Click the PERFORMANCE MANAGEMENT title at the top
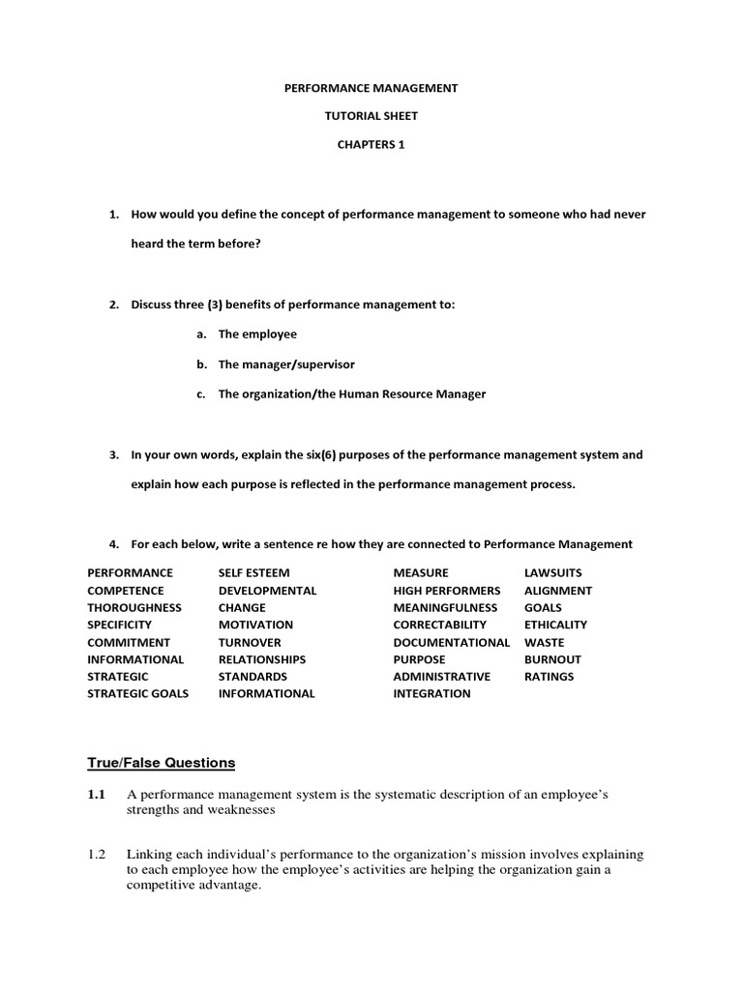pyautogui.click(x=371, y=88)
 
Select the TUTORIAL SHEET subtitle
pyautogui.click(x=371, y=116)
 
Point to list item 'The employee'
pyautogui.click(x=257, y=334)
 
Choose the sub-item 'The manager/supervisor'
pyautogui.click(x=286, y=364)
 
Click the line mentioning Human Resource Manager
pyautogui.click(x=352, y=393)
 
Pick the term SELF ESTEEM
pyautogui.click(x=253, y=573)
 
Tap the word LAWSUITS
pyautogui.click(x=553, y=573)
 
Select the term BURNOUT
pyautogui.click(x=552, y=659)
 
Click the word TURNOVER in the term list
pyautogui.click(x=250, y=642)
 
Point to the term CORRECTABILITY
pyautogui.click(x=442, y=625)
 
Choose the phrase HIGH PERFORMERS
pyautogui.click(x=447, y=591)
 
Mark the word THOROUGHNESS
pyautogui.click(x=134, y=608)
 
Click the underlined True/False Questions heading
pyautogui.click(x=162, y=763)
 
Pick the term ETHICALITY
pyautogui.click(x=555, y=625)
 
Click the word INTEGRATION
pyautogui.click(x=431, y=693)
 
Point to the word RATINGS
pyautogui.click(x=549, y=677)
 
